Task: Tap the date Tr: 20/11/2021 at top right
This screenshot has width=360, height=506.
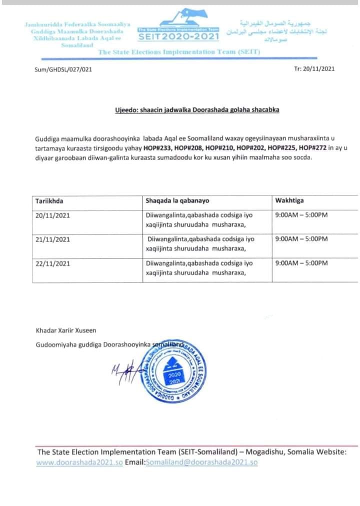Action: point(314,69)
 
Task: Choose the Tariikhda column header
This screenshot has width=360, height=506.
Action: point(49,201)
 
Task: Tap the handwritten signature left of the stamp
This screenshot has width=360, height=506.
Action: point(122,372)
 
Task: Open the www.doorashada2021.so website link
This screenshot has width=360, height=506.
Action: point(79,462)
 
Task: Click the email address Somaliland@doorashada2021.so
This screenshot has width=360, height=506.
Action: point(201,462)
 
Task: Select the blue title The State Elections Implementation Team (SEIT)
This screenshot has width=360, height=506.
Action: point(179,52)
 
